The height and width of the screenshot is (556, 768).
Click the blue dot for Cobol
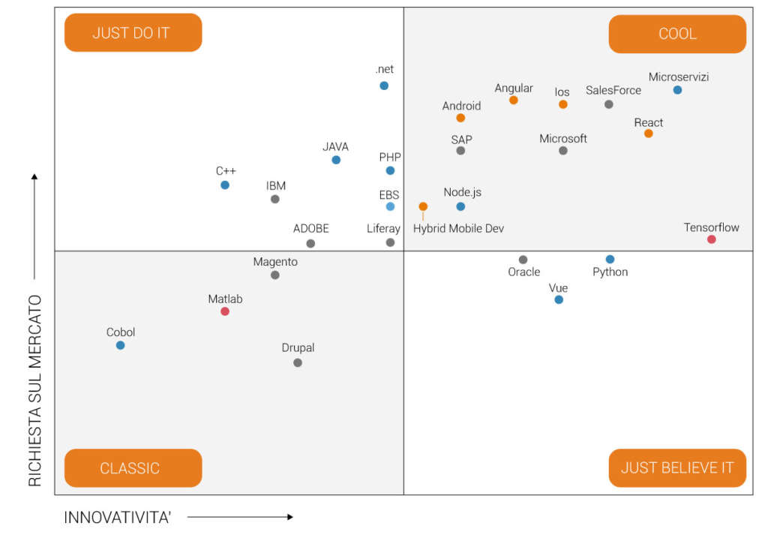(120, 345)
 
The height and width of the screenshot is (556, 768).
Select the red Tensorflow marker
(711, 239)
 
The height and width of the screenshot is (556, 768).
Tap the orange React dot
(648, 134)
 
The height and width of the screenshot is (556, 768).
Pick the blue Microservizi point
(677, 90)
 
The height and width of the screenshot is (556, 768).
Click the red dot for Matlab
(225, 311)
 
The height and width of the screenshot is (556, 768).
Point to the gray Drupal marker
(298, 362)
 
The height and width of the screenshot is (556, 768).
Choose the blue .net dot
(384, 86)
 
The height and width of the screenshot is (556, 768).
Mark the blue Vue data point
(558, 299)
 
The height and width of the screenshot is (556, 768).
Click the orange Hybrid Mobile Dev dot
(423, 206)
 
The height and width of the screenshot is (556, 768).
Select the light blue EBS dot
(390, 206)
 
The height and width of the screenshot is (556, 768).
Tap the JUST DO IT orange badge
(133, 33)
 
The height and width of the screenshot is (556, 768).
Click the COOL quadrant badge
(677, 34)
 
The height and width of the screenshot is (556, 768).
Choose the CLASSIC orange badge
(133, 468)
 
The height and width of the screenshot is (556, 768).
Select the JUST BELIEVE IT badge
(677, 468)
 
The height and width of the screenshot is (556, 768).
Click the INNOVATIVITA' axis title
(117, 517)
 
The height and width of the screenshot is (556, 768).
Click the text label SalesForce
(613, 90)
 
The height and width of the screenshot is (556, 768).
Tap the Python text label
(610, 272)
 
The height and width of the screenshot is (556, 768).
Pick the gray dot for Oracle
(523, 260)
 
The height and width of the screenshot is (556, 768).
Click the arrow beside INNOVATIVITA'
(240, 517)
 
